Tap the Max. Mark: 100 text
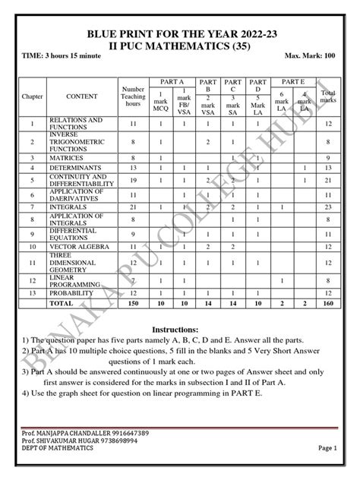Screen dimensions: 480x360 click(x=311, y=56)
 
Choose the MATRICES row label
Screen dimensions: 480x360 click(x=69, y=157)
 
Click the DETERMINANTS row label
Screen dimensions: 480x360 click(x=78, y=168)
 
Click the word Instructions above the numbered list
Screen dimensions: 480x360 click(x=179, y=329)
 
